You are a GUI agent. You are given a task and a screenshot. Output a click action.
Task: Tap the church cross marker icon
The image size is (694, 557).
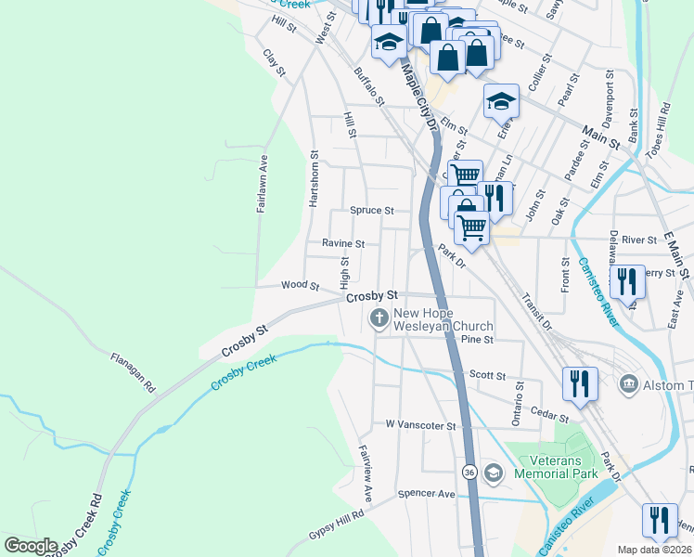[379, 319]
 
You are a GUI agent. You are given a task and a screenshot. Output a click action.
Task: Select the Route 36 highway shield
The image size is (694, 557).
[470, 473]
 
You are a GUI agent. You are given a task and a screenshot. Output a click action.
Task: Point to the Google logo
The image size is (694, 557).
[31, 546]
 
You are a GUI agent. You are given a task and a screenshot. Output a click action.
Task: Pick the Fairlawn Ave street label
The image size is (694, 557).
[263, 183]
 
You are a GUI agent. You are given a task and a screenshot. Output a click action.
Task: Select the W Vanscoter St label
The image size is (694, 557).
[422, 425]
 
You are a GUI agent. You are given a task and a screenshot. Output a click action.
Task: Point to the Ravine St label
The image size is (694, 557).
[343, 243]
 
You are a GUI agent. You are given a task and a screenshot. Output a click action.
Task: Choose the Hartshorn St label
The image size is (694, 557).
[315, 179]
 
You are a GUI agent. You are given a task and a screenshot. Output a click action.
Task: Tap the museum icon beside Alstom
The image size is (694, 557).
[628, 384]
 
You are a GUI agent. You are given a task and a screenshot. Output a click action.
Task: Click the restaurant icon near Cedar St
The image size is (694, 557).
[580, 384]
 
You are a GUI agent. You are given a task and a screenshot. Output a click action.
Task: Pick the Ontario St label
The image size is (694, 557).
[519, 404]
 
